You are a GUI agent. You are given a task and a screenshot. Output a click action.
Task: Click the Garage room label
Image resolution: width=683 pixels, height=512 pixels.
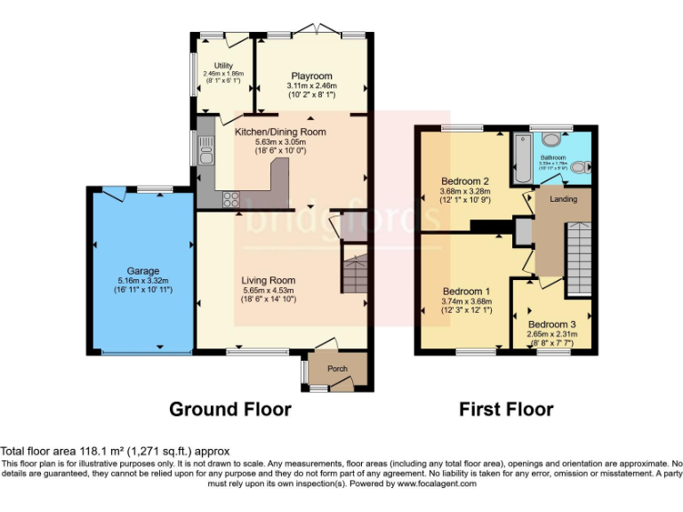click(142, 270)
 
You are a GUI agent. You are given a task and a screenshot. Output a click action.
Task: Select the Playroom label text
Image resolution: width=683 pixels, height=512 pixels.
click(310, 76)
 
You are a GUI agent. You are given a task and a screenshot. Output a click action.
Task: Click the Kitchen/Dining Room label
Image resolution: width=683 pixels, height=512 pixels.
click(280, 132)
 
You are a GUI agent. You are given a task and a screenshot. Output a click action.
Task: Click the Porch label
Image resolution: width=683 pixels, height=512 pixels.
click(337, 369)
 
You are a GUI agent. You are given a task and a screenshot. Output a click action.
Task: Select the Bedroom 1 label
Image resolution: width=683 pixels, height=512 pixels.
click(467, 292)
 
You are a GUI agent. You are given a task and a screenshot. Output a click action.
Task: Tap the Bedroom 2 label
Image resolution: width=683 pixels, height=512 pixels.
click(466, 181)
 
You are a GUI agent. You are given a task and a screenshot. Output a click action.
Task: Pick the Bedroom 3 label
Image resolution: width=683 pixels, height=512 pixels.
click(551, 324)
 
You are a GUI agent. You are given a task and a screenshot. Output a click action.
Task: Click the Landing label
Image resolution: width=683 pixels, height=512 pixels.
click(563, 199)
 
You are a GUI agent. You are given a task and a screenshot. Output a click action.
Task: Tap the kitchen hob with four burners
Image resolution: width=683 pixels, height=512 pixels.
click(230, 198)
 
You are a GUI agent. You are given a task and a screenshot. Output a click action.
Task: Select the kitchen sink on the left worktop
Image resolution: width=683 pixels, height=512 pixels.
click(205, 156)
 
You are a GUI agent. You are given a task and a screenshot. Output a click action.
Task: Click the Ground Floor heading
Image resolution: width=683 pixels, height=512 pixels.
click(230, 410)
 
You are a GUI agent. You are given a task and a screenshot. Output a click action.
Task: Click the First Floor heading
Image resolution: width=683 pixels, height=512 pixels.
click(506, 410)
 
